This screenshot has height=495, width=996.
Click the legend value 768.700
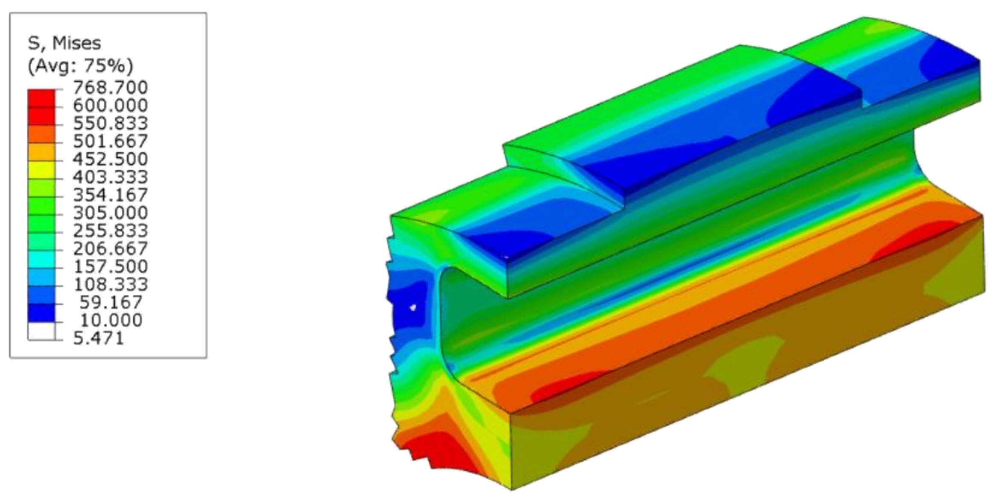pos(110,87)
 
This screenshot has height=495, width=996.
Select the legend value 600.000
pos(110,105)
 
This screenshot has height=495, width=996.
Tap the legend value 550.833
pos(110,123)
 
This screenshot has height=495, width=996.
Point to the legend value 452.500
pos(110,159)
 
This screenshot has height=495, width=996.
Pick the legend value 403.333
pos(110,177)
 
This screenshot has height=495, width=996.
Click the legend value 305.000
pos(110,213)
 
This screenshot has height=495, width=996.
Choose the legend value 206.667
pos(110,249)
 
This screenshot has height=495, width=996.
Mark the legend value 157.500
pos(110,267)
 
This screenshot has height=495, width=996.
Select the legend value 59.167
pos(110,302)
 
